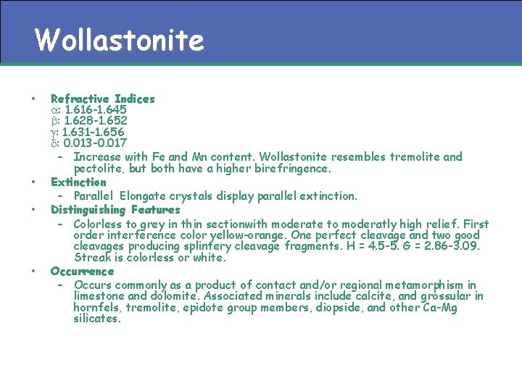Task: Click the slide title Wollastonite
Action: (119, 40)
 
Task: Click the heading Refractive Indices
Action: (102, 98)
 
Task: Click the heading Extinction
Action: (78, 182)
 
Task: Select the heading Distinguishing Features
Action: (115, 210)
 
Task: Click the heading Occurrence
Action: (82, 272)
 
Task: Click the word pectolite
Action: (98, 169)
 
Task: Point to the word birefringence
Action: (291, 169)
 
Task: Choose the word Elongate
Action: (142, 196)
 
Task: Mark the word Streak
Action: (91, 258)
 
